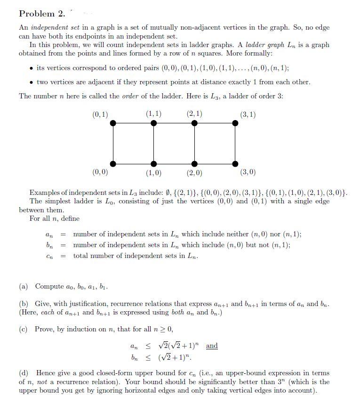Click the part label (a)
[24, 286]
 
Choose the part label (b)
[24, 304]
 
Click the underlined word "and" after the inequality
[212, 346]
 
